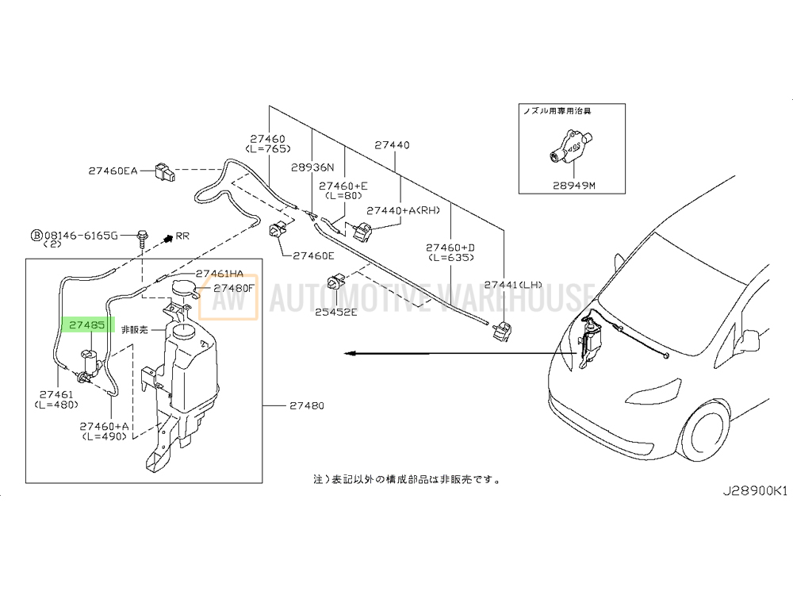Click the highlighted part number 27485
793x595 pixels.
[88, 325]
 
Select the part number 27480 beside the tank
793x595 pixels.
[308, 406]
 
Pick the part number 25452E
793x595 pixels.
[336, 312]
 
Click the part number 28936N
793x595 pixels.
[312, 167]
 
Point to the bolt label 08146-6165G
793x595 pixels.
[81, 235]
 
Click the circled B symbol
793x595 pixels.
[35, 235]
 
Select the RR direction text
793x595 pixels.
[183, 236]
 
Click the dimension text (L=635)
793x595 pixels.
[450, 257]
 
